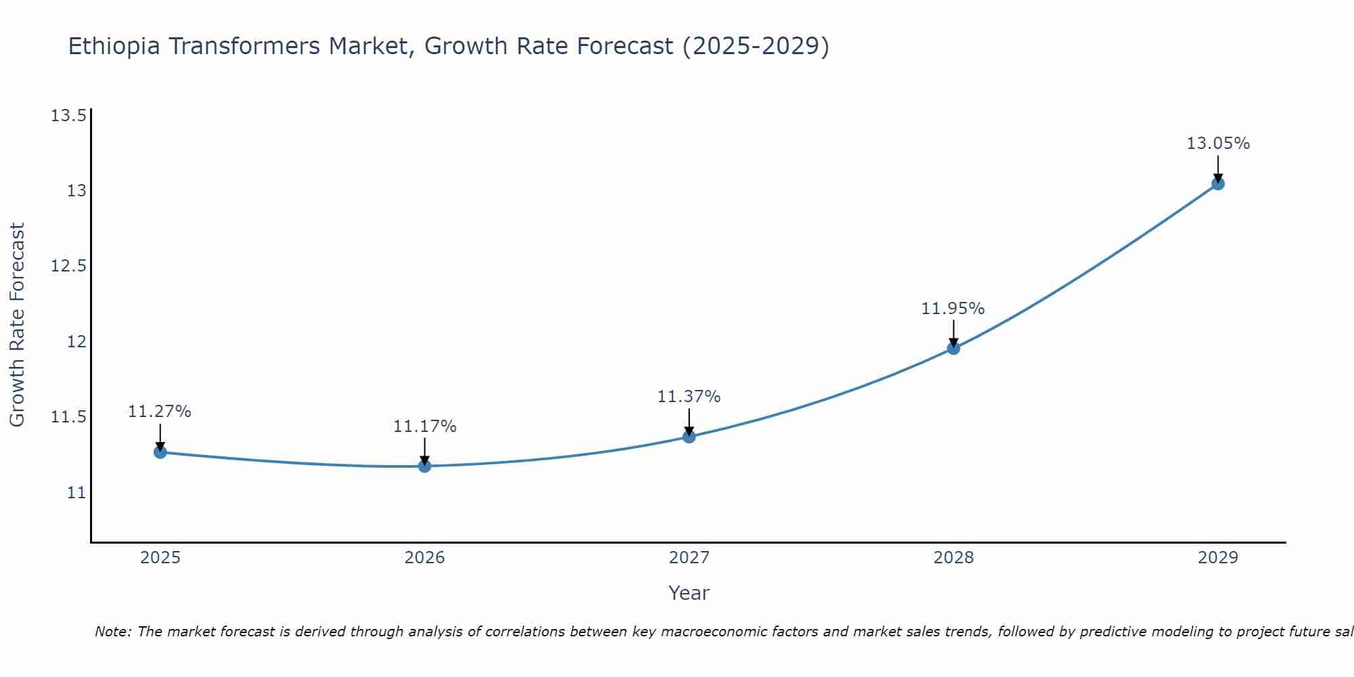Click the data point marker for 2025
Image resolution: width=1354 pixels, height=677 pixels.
160,452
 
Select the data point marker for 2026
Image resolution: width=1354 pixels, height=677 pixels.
424,466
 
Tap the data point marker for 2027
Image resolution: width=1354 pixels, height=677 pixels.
689,437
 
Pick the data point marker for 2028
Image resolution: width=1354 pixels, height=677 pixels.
953,349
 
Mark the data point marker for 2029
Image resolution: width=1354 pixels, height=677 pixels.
1218,183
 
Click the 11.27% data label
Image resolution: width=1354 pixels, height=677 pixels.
160,412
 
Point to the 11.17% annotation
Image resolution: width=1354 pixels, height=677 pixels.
424,427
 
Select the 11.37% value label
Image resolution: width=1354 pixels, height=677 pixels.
689,397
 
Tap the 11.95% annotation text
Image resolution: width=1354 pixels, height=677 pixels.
953,309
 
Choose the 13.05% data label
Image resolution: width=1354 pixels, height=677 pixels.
1218,144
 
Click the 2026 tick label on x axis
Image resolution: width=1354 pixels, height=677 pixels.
424,558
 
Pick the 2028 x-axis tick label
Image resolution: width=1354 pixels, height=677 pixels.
953,558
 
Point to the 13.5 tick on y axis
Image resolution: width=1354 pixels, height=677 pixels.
69,116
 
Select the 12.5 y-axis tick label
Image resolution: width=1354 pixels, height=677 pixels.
69,266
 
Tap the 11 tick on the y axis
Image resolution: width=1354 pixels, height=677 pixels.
77,492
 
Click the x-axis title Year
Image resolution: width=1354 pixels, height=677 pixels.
689,593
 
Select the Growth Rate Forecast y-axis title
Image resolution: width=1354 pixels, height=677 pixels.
18,324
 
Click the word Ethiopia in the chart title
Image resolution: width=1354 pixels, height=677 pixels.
114,47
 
